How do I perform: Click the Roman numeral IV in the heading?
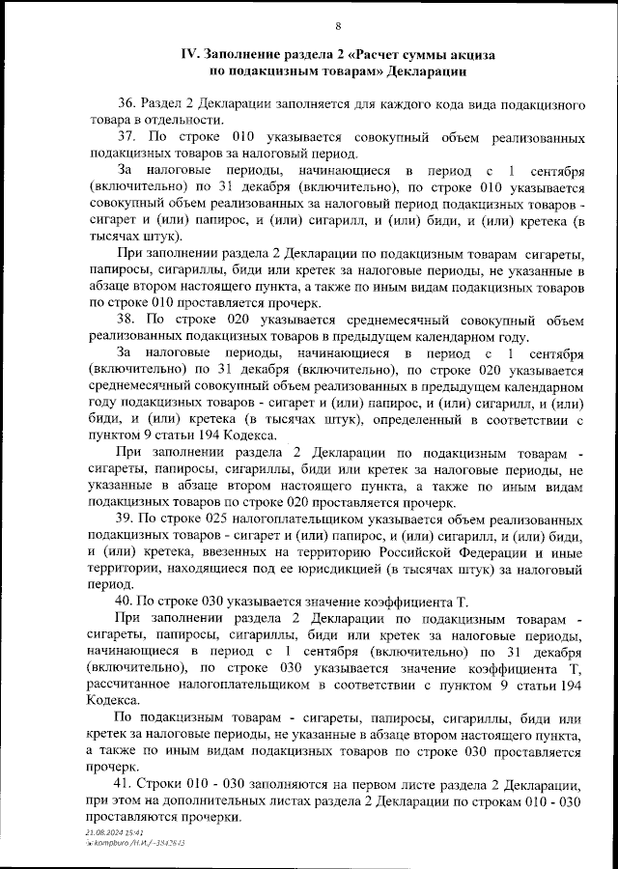189,55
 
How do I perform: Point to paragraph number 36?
126,103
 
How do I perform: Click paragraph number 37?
126,137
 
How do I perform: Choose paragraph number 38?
126,319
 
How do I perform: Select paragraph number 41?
126,784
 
